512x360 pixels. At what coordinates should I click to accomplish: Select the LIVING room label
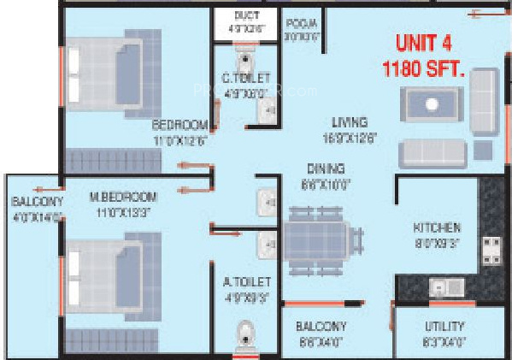(351, 122)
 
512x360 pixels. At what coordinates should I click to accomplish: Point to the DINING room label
(327, 168)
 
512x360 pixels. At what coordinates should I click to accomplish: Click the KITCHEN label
(437, 227)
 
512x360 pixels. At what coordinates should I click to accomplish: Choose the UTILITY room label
(444, 326)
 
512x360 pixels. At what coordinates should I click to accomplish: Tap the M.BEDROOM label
(123, 197)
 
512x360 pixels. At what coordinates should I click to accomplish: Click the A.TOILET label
(247, 281)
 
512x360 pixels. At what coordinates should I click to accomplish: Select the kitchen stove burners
(492, 249)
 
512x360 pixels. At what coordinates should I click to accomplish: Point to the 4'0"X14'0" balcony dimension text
(36, 218)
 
